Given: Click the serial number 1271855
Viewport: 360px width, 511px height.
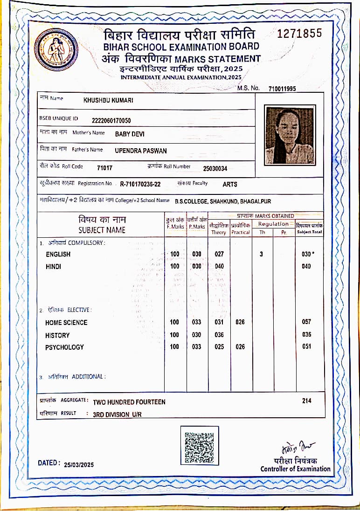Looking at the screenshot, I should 299,34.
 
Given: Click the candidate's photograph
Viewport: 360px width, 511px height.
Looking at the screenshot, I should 290,135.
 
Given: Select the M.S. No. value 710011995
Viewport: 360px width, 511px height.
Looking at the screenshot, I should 282,89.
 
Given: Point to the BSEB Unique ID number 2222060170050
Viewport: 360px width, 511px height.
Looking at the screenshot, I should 111,120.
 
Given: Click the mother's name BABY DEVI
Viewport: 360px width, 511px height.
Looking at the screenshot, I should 130,134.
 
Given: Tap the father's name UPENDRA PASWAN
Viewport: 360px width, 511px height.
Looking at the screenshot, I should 140,151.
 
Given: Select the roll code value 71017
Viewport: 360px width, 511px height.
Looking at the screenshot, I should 104,168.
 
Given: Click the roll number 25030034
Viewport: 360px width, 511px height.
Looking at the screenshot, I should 215,168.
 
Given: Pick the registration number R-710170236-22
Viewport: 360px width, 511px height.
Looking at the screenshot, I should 140,184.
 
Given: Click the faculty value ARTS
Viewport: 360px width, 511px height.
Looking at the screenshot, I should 230,184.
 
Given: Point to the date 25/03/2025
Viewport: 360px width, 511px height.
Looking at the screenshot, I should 79,464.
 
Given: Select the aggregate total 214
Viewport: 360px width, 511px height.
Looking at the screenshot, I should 306,401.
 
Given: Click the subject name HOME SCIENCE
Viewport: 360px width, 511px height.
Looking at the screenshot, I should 66,323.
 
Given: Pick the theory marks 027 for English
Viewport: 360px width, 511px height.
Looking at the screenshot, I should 219,254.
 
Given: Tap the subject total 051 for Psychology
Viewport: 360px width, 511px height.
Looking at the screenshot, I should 306,347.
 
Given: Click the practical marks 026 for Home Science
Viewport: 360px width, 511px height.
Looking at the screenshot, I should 240,322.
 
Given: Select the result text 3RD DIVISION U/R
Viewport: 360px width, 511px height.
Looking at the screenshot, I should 117,414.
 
